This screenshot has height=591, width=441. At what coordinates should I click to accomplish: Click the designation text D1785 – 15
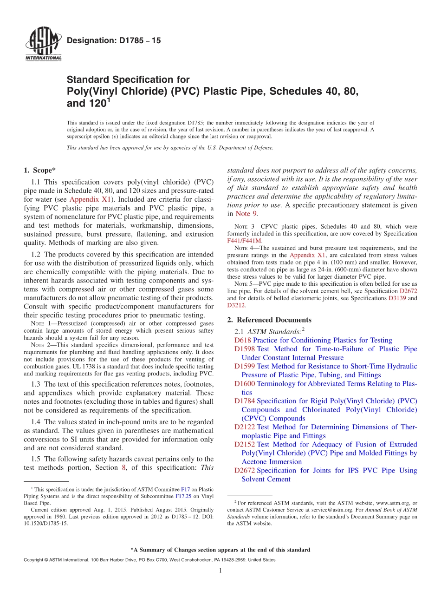click(x=114, y=41)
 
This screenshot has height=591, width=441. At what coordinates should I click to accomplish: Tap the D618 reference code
click(x=243, y=341)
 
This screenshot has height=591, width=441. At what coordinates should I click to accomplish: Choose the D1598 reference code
click(x=245, y=349)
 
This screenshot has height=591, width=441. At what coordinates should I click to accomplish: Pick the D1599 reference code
click(x=245, y=366)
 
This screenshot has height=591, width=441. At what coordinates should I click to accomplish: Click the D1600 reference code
click(x=245, y=384)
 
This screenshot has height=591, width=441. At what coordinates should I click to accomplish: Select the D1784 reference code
click(x=245, y=401)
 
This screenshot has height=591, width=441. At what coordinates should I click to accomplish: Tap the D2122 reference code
click(x=245, y=427)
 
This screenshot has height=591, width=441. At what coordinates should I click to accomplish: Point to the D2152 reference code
click(x=245, y=445)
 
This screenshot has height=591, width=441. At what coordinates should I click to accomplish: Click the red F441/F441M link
click(x=245, y=241)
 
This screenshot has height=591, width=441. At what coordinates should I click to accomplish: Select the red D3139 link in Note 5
click(x=397, y=298)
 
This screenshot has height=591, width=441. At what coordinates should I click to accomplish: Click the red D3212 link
click(x=236, y=305)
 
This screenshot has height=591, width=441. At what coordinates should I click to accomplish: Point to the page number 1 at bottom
click(x=220, y=571)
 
